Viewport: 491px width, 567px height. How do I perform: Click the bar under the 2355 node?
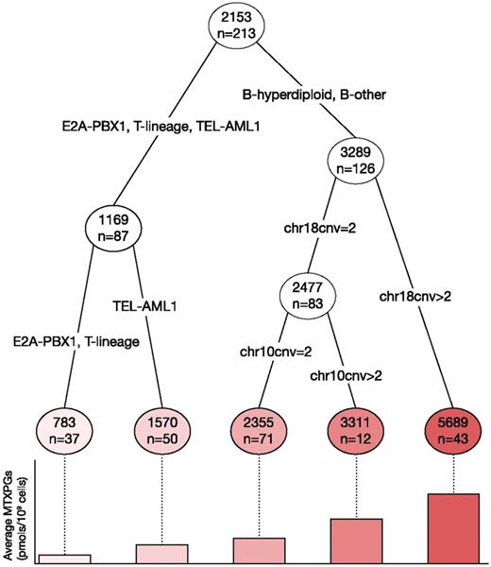point(260,551)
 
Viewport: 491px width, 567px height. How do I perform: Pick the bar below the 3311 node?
point(355,541)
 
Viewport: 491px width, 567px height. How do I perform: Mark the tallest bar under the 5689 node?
point(453,528)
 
